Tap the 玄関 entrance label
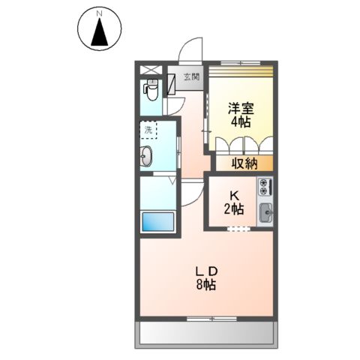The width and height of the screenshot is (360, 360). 192,76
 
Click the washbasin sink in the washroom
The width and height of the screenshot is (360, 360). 146,157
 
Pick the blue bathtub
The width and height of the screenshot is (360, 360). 157,222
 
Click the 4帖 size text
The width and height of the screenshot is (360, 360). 240,122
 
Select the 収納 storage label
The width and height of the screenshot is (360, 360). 243,161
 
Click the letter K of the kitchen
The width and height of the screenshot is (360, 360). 234,196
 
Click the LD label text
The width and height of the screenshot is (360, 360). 206,271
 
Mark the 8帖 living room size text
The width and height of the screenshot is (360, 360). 206,284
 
